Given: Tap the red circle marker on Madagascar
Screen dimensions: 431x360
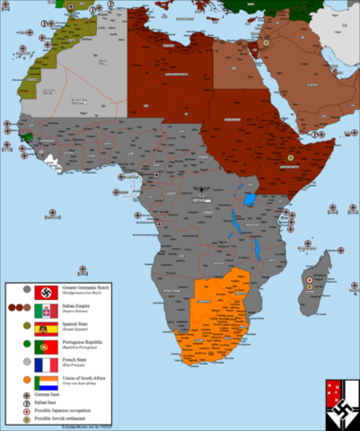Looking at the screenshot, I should click(x=310, y=281).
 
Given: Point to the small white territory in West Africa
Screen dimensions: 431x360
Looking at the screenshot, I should click(x=59, y=162).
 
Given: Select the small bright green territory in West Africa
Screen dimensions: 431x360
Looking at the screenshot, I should click(x=35, y=136).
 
